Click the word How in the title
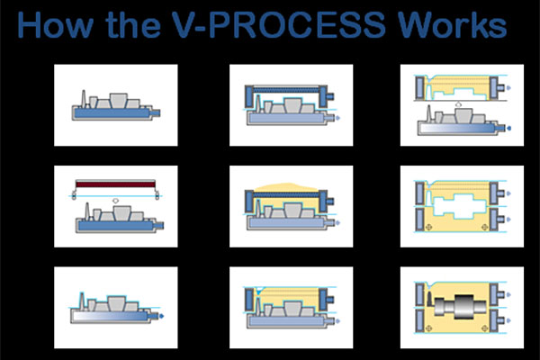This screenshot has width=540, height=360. click(x=55, y=25)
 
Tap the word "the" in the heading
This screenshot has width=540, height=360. click(x=133, y=25)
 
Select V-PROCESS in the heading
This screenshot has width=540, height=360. click(x=278, y=25)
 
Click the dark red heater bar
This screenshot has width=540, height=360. click(x=115, y=184)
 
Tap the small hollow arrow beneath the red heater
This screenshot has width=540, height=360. click(x=116, y=200)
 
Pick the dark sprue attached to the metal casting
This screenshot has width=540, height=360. click(x=430, y=299)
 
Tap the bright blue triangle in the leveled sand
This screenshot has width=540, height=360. click(x=257, y=291)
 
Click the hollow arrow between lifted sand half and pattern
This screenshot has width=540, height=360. click(x=458, y=103)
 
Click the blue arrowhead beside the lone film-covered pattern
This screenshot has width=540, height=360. click(x=161, y=316)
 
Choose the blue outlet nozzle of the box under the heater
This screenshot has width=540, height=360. click(x=158, y=226)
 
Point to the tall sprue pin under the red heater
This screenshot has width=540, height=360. click(x=87, y=211)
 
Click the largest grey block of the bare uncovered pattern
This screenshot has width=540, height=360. click(x=118, y=101)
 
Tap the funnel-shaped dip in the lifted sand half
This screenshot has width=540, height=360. click(x=430, y=81)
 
